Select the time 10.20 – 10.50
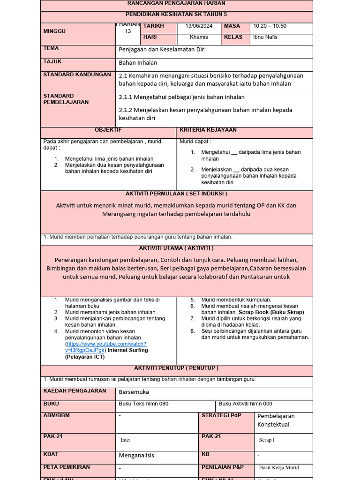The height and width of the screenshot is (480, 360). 270,26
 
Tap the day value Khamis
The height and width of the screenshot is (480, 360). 199,37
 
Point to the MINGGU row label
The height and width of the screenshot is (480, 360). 55,31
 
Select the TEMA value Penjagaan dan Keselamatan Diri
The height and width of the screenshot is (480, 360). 162,49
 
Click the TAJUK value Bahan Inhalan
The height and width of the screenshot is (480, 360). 138,62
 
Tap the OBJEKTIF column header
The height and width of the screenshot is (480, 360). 108,130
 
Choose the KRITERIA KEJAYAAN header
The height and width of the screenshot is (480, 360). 208,130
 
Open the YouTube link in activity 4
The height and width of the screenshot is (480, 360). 106,347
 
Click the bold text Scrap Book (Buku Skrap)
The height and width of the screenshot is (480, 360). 271,312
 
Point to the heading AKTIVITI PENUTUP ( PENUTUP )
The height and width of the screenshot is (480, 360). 176,368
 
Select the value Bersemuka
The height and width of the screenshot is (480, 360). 134,392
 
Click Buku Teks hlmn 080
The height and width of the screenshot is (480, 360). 143,404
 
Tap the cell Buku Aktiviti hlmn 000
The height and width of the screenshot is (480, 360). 245,404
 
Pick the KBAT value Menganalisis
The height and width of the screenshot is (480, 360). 136,455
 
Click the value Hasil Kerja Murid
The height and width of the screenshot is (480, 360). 279,467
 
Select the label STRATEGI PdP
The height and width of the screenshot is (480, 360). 221,415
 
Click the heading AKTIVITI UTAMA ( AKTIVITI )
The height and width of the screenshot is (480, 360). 176,248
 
